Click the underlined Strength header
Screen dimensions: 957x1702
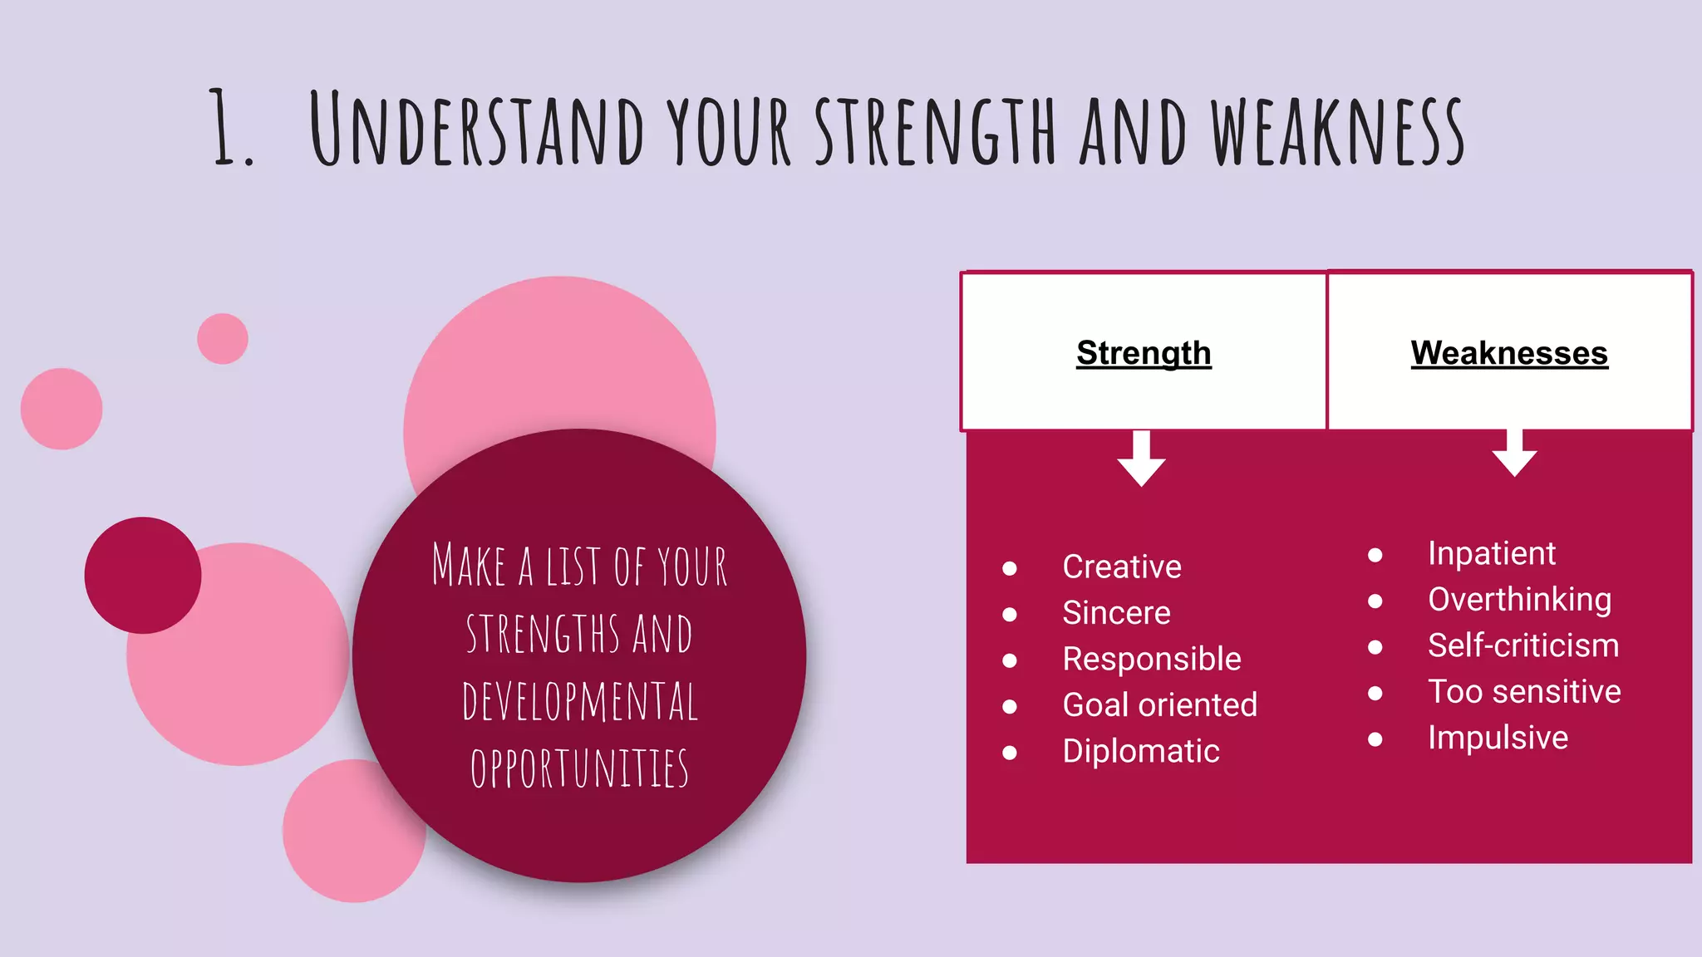(x=1144, y=353)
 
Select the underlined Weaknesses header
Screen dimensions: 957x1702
(x=1508, y=353)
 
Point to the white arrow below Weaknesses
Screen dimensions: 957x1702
(x=1514, y=454)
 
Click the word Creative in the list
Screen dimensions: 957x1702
(x=1121, y=567)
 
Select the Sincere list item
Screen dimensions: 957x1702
(x=1116, y=613)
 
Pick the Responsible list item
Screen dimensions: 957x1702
(x=1151, y=659)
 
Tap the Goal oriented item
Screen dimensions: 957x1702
(x=1159, y=704)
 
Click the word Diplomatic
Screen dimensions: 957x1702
(x=1140, y=751)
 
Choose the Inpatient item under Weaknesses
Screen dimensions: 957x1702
(x=1491, y=553)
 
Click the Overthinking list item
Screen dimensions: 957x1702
(x=1519, y=600)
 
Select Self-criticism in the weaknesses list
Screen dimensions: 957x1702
(x=1522, y=645)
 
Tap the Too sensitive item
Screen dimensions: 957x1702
(x=1524, y=691)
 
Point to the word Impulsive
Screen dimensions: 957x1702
(x=1498, y=738)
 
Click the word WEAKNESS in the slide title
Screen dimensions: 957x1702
(x=1336, y=131)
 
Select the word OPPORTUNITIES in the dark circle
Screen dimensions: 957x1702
(x=579, y=768)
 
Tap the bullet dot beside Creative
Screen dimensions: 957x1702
(x=1010, y=568)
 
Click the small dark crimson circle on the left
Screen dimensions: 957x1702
(x=143, y=575)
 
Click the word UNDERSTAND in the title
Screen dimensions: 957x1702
(x=476, y=129)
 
